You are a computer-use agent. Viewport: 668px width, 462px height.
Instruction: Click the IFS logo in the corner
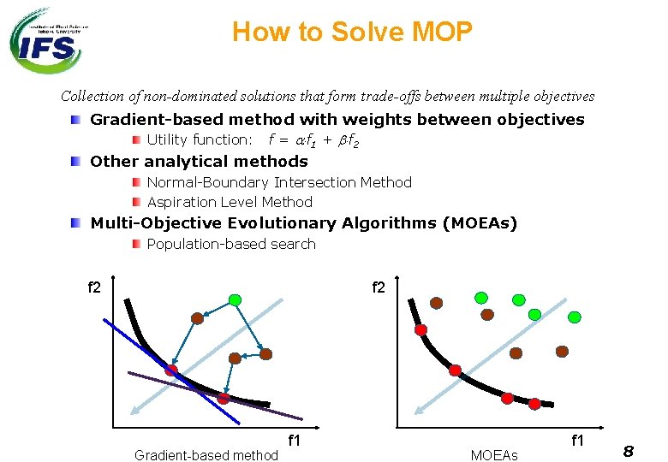pos(47,40)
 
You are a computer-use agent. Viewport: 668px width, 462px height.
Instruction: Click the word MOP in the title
pos(441,33)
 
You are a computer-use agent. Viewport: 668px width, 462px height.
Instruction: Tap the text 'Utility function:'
pos(200,139)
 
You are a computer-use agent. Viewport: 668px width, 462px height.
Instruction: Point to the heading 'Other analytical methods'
pos(199,161)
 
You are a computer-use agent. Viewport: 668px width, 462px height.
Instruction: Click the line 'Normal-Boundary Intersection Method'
pos(279,182)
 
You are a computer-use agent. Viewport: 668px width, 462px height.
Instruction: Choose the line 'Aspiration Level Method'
pos(230,202)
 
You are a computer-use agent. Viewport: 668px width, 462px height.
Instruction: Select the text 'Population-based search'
pos(231,244)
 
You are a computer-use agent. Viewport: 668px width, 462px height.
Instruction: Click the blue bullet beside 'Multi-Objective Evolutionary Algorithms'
pos(76,223)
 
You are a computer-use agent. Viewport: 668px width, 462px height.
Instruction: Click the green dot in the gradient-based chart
pos(235,300)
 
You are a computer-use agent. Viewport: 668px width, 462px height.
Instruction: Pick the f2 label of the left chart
pos(94,287)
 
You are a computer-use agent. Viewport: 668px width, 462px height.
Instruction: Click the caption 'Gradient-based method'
pos(206,455)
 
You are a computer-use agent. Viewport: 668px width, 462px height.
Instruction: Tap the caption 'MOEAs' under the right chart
pos(494,455)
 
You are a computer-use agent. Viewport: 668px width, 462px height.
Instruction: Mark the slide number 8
pos(628,451)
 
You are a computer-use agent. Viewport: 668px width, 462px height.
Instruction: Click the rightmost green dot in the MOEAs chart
pos(575,317)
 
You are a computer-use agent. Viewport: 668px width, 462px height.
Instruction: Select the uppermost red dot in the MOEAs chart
pos(420,329)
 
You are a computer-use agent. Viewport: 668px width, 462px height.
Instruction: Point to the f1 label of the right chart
pos(577,441)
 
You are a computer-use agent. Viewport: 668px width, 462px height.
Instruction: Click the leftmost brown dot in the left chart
pos(197,318)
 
